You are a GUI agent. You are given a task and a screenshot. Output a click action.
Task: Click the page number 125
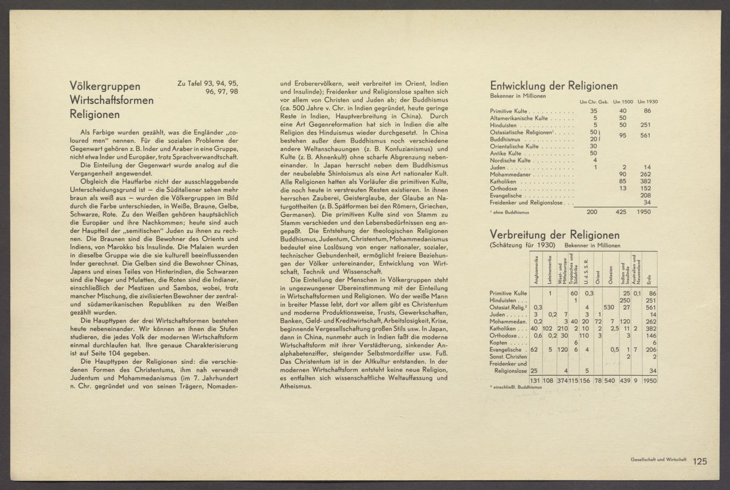click(700, 461)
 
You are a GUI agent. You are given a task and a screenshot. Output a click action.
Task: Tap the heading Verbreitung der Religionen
click(554, 235)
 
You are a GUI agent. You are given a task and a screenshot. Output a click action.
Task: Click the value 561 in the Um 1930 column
click(645, 135)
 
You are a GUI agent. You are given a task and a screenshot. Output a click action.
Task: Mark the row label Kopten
click(500, 343)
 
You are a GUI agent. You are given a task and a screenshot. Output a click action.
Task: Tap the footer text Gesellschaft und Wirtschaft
click(654, 460)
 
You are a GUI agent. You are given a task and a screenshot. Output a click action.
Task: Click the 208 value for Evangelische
click(645, 195)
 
